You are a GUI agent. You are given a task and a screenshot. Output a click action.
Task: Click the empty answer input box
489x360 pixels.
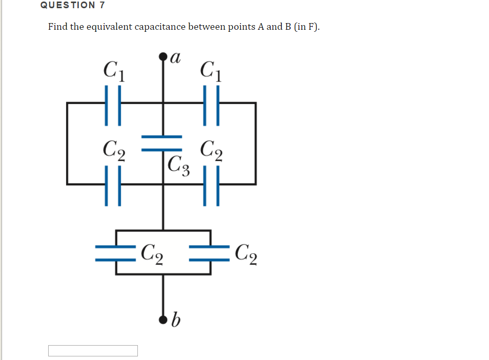93,351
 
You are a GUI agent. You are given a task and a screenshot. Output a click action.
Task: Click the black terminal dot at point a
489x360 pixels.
164,56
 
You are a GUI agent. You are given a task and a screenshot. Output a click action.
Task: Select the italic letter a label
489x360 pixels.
176,56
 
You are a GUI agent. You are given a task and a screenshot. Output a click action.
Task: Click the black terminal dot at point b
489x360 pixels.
164,320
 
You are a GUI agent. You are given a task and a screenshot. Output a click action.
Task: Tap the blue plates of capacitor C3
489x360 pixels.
162,143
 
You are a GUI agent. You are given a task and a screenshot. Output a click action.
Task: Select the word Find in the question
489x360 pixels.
58,27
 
